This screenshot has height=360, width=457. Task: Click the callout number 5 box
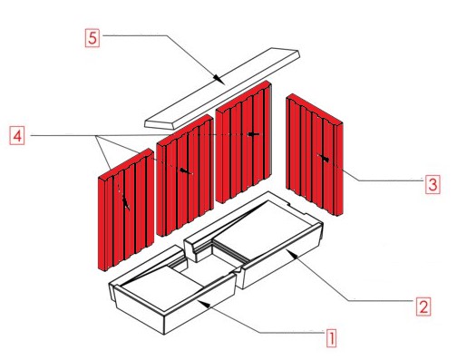[x=92, y=38]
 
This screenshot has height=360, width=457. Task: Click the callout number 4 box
[x=17, y=136]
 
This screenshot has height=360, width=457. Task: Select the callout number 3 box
[x=433, y=184]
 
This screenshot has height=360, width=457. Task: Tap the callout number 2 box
[x=423, y=306]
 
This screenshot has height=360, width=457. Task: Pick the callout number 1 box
[x=331, y=338]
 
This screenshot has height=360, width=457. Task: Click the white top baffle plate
[x=222, y=88]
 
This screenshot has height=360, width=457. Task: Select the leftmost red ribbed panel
[x=126, y=209]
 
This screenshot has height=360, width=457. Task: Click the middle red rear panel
[x=185, y=175]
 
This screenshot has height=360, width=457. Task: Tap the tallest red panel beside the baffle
[x=244, y=142]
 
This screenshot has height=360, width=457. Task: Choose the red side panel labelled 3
[x=315, y=155]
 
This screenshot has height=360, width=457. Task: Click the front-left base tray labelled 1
[x=172, y=290]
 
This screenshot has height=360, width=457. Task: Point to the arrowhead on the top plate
[x=219, y=80]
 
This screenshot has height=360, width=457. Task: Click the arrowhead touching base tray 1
[x=204, y=304]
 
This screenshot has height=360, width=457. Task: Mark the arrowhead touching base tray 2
[x=292, y=254]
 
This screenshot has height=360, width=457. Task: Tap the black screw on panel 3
[x=324, y=158]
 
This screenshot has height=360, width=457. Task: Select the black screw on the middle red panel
[x=185, y=171]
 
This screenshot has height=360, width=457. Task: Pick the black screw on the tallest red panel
[x=253, y=134]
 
